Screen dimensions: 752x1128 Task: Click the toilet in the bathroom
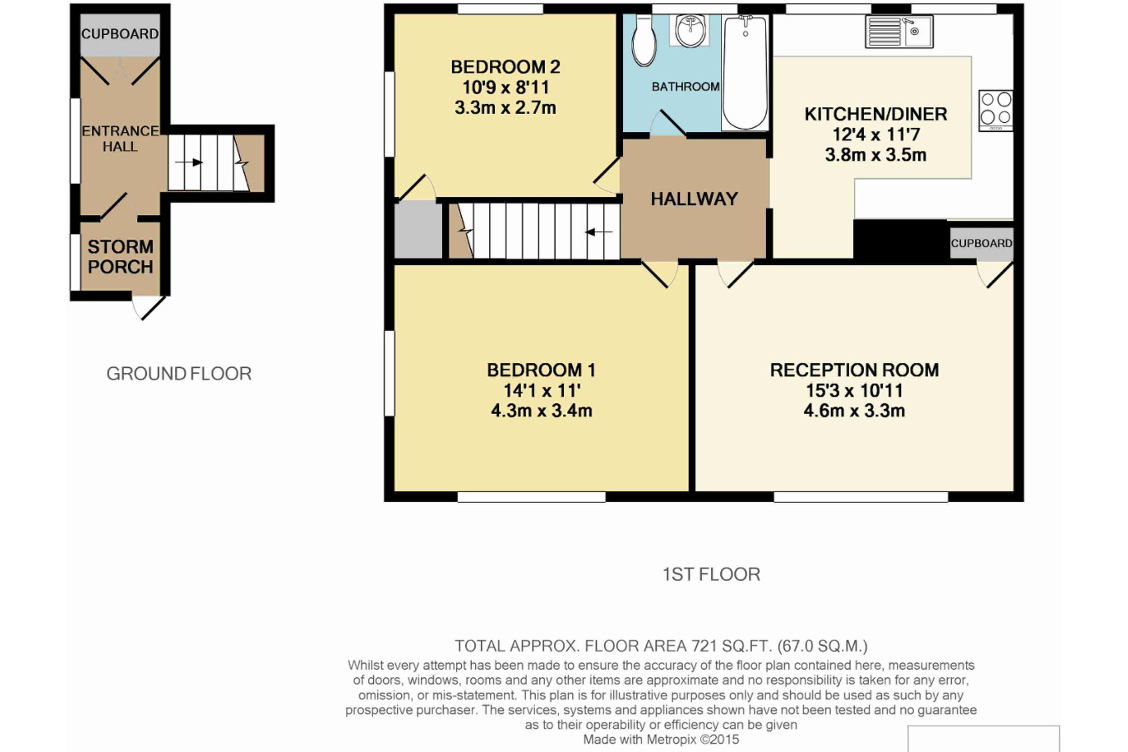tap(644, 41)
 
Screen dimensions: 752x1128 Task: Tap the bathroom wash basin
tap(691, 30)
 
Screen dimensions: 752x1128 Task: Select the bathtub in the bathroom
tap(745, 72)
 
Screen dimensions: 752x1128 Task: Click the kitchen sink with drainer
tap(898, 31)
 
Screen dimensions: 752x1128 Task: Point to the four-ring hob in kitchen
tap(996, 110)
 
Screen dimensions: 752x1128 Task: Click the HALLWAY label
tap(694, 199)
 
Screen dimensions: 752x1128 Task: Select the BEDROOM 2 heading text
tap(505, 67)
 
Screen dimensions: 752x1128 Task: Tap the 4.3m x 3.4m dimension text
tap(541, 411)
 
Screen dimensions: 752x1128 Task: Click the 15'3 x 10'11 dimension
tap(854, 390)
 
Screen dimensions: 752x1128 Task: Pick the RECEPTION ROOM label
tap(854, 370)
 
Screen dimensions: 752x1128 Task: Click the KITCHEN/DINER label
tap(875, 114)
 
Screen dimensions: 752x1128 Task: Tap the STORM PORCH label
tap(120, 257)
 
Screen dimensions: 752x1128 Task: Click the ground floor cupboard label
tap(120, 34)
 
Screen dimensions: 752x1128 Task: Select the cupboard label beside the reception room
tap(981, 243)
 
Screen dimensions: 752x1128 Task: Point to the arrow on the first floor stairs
tap(599, 233)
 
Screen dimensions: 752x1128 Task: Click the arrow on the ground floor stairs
tap(189, 162)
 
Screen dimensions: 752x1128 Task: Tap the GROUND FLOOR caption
tap(179, 374)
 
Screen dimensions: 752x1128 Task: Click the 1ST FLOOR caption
tap(711, 574)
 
